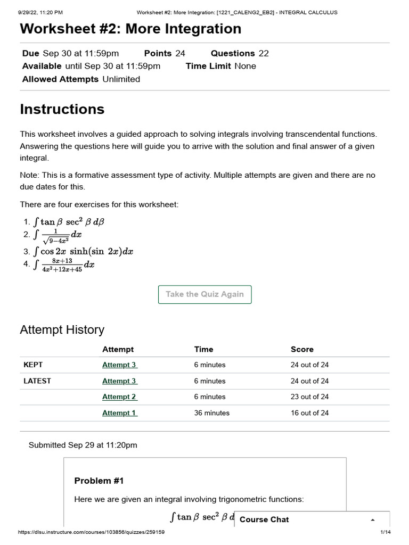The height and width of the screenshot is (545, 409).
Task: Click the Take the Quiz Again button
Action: pyautogui.click(x=204, y=294)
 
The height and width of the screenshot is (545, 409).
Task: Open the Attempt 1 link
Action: pyautogui.click(x=120, y=413)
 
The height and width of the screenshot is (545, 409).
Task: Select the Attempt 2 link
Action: pyautogui.click(x=120, y=397)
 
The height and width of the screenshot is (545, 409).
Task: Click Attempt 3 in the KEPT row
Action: pyautogui.click(x=120, y=365)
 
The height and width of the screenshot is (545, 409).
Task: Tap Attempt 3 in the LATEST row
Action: pyautogui.click(x=120, y=381)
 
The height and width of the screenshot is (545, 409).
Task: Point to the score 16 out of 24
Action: pyautogui.click(x=309, y=413)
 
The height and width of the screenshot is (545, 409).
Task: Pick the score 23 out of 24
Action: pyautogui.click(x=309, y=397)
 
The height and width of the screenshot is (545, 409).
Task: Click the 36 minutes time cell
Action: pyautogui.click(x=212, y=413)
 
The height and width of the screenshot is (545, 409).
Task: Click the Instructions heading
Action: pyautogui.click(x=62, y=110)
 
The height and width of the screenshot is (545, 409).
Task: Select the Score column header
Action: pyautogui.click(x=302, y=350)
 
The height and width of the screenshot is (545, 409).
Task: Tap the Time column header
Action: pyautogui.click(x=203, y=350)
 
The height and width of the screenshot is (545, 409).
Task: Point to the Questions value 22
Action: pyautogui.click(x=263, y=53)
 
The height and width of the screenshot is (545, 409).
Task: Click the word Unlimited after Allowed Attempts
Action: pyautogui.click(x=121, y=79)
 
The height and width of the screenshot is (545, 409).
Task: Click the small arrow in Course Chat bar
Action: pyautogui.click(x=373, y=520)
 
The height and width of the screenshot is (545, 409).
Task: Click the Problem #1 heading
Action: pyautogui.click(x=99, y=481)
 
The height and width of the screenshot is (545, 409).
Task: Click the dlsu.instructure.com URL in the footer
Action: pyautogui.click(x=91, y=533)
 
